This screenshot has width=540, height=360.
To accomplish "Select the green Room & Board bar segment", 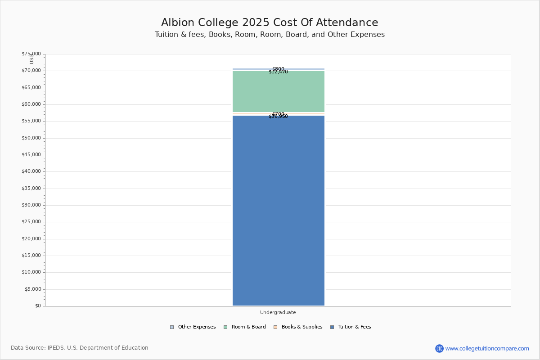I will [x=278, y=92].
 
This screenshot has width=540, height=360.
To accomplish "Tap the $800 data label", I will [x=278, y=69].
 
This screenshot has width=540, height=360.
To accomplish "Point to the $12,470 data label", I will [x=278, y=72].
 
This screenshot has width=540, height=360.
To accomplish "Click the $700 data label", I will [x=278, y=114].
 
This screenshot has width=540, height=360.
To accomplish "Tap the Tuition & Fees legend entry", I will [x=354, y=327].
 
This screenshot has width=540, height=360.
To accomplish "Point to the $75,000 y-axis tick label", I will [x=31, y=54].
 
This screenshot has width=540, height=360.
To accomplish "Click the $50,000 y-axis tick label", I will [x=31, y=138].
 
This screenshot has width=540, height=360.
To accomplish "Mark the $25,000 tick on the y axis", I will [x=31, y=222].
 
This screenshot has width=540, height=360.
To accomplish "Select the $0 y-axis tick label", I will [x=38, y=306].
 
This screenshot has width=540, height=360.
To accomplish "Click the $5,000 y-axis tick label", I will [x=33, y=289].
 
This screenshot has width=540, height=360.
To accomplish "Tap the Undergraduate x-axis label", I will [x=278, y=312].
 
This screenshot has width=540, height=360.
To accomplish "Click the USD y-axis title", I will [x=31, y=59].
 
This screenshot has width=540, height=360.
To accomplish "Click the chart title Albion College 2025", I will [x=270, y=23].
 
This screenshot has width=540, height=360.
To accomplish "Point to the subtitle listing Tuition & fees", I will [x=270, y=35].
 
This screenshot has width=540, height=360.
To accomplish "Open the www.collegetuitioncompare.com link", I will [x=487, y=348].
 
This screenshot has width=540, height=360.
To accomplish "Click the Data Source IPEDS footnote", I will [x=80, y=348].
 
